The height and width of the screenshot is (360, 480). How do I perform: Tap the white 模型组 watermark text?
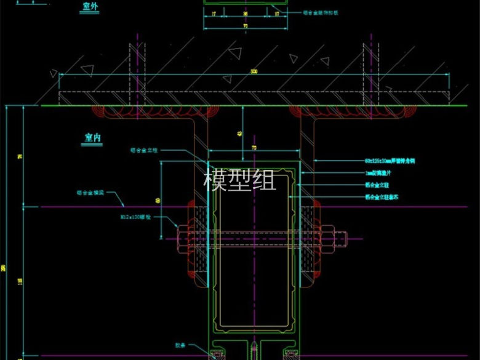[x=240, y=180]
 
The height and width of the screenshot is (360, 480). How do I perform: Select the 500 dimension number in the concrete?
[x=254, y=71]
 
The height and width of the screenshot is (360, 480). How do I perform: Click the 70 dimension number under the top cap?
[x=245, y=27]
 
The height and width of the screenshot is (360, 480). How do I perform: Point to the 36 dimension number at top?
[x=245, y=12]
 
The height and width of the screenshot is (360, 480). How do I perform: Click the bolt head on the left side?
[x=183, y=236]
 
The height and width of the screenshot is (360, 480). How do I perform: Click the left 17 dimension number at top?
[x=212, y=12]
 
